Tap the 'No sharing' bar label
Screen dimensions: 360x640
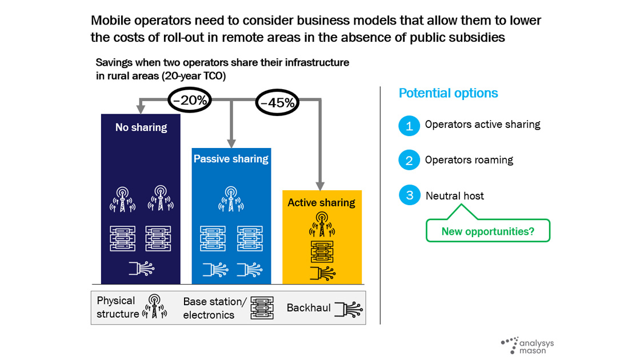(x=141, y=127)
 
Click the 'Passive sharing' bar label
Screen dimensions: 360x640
(x=231, y=159)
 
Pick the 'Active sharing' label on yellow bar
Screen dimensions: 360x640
(x=321, y=202)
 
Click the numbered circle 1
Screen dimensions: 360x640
(x=409, y=126)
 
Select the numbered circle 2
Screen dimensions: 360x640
(x=409, y=161)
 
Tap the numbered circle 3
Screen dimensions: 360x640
(x=409, y=196)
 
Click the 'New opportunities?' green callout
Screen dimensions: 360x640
(x=488, y=231)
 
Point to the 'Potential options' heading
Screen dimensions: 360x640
(x=448, y=93)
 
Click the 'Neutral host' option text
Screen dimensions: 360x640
(x=455, y=196)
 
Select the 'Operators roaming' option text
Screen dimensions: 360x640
(x=469, y=160)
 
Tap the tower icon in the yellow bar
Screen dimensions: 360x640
(x=321, y=225)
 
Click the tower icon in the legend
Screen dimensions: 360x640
(x=154, y=307)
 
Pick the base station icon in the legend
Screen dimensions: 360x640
(x=262, y=308)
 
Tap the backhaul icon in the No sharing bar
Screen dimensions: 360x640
(x=141, y=269)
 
